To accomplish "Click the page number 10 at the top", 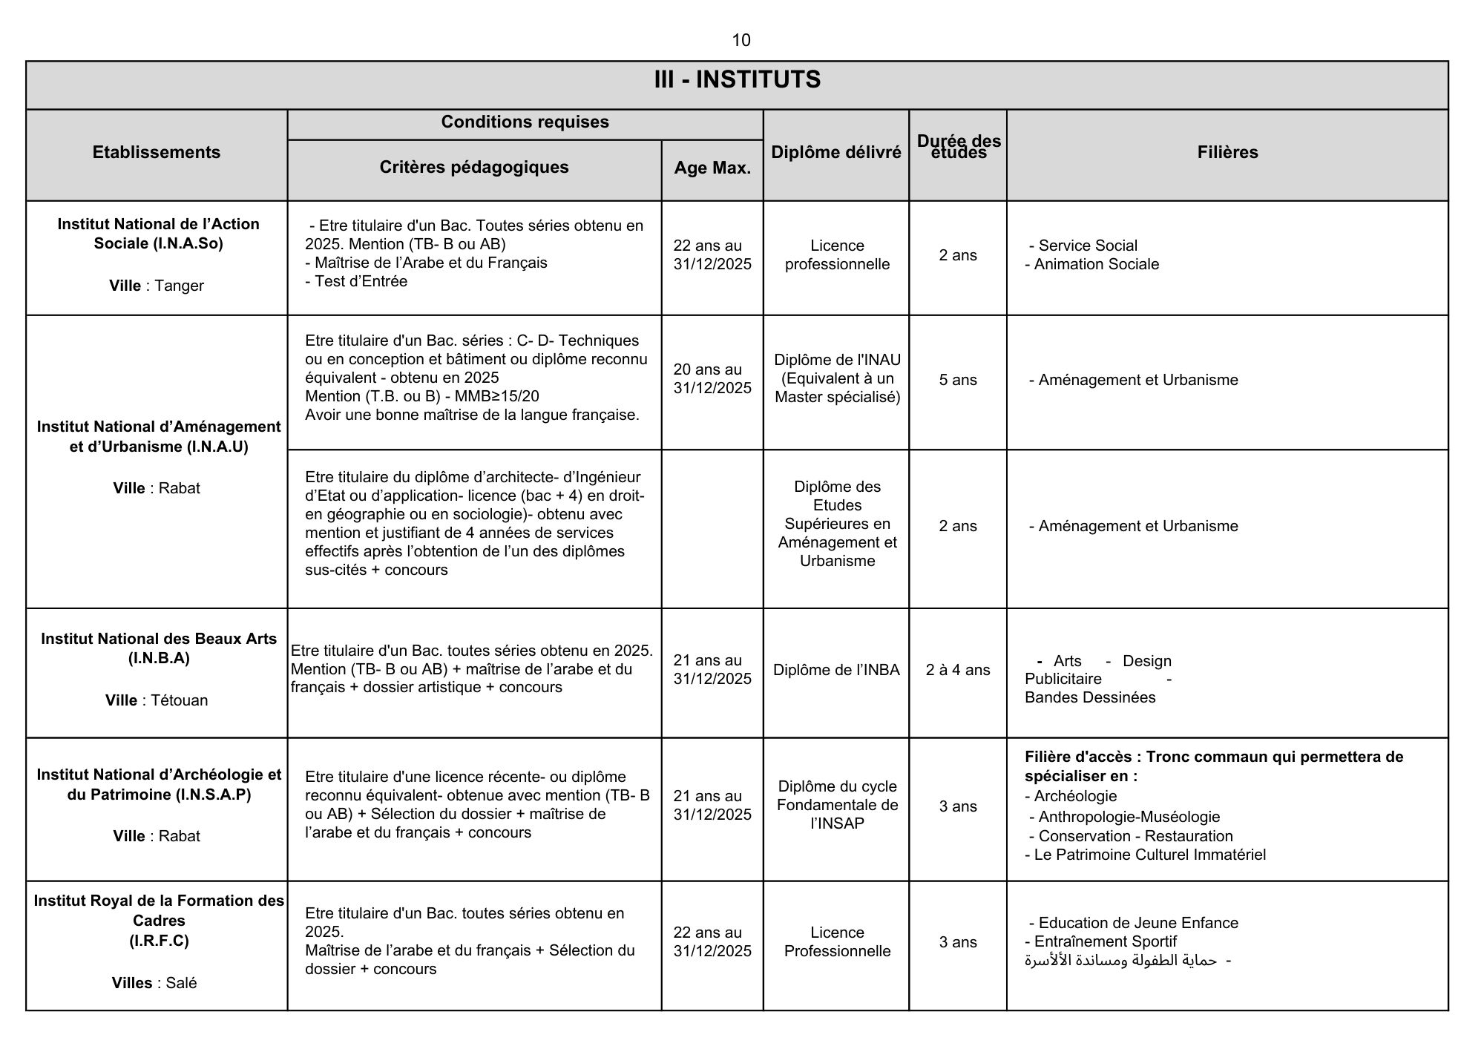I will click(741, 40).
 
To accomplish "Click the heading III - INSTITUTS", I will click(737, 79).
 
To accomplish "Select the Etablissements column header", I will click(157, 152).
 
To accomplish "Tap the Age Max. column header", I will click(712, 168).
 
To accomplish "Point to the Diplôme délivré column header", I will click(836, 152).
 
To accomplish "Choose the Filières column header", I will click(1227, 152).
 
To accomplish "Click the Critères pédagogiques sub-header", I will click(474, 167).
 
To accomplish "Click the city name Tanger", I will click(179, 286).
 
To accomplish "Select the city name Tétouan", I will click(179, 700).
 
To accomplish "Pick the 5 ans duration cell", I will click(958, 380).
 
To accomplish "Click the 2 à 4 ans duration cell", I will click(958, 670).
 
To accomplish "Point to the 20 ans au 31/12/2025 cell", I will click(712, 378).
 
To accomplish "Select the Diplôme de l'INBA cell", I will click(836, 670).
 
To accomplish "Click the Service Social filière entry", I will click(1087, 246).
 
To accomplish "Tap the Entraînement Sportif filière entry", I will click(1105, 941).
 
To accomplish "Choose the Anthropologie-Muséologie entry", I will click(1129, 817).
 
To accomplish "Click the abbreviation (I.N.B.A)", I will click(159, 658).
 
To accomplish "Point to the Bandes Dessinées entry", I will click(1090, 697).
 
